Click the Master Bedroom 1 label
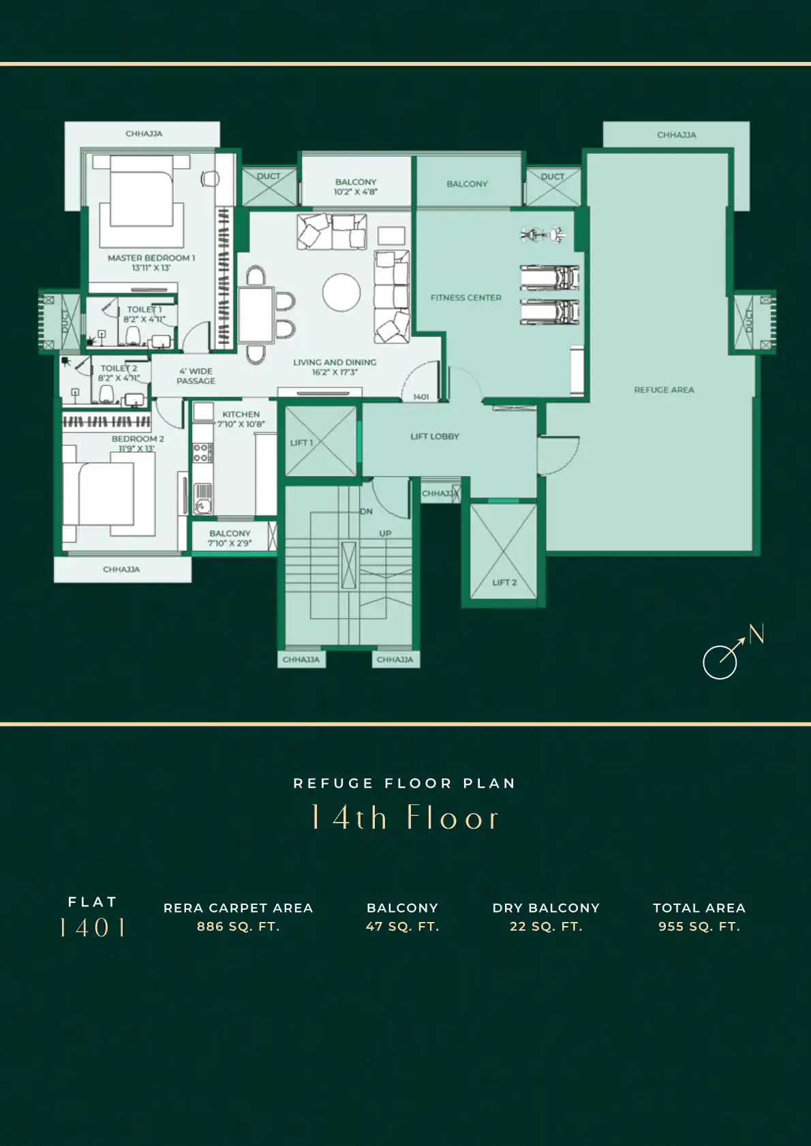click(151, 258)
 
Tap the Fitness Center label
click(466, 298)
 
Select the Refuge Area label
click(664, 390)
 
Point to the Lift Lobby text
click(435, 436)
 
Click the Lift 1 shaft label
click(301, 443)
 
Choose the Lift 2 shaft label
click(504, 582)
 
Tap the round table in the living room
click(341, 293)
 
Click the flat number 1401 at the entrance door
click(421, 397)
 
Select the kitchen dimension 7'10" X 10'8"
click(241, 424)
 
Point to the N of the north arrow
click(756, 634)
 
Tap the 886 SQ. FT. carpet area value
click(238, 927)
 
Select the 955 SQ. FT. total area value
click(699, 927)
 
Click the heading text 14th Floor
click(404, 817)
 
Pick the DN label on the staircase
click(366, 511)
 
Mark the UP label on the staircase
click(385, 533)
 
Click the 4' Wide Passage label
click(196, 376)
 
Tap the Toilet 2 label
click(119, 368)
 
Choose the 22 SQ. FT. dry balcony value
click(546, 927)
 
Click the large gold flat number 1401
click(93, 927)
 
